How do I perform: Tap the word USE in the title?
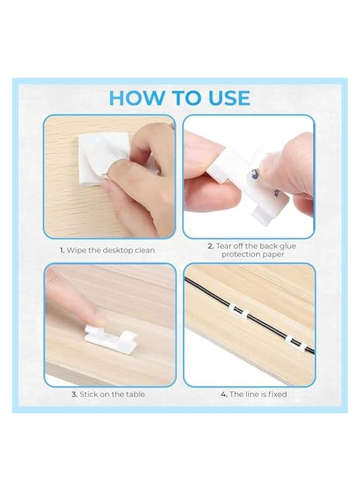pyautogui.click(x=226, y=98)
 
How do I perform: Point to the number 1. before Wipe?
pyautogui.click(x=63, y=250)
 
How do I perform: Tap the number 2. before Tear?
pyautogui.click(x=211, y=246)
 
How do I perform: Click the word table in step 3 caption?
pyautogui.click(x=135, y=394)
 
